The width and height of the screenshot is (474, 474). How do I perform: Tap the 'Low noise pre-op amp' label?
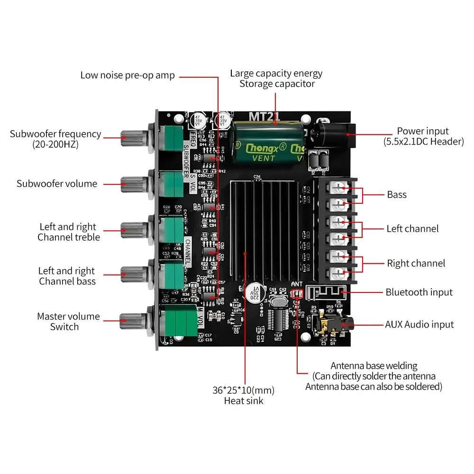coord(128,75)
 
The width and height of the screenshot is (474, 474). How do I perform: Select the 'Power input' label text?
coord(423,131)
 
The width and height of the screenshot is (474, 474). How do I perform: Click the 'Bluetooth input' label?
coord(419,292)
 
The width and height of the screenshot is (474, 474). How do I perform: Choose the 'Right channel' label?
coord(416,263)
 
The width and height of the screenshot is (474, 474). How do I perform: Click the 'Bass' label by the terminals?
coord(397,194)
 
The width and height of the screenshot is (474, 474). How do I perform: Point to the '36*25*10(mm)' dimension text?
coord(243,391)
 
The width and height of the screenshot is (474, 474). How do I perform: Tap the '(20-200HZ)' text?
coord(55,144)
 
